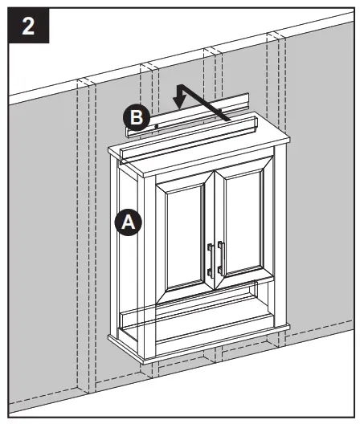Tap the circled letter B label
(x=137, y=118)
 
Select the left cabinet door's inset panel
(x=186, y=234)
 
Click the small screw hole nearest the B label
(x=154, y=127)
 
